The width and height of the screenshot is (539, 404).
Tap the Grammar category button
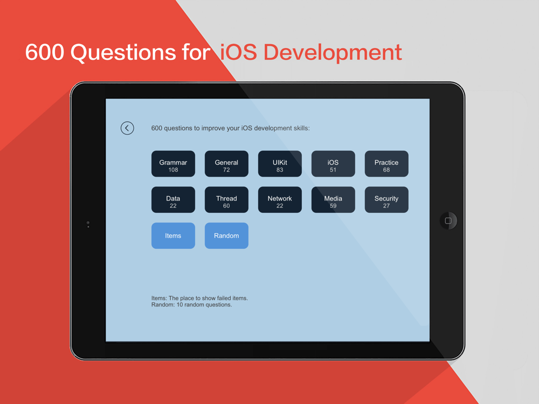point(173,164)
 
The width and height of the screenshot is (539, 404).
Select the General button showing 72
point(226,164)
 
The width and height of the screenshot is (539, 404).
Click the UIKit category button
point(280,164)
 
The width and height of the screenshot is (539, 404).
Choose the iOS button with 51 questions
point(333,164)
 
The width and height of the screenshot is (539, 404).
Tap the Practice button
point(386,164)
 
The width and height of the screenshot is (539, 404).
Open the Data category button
point(173,200)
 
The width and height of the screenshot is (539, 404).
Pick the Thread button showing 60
point(226,200)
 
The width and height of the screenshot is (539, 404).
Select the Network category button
point(280,200)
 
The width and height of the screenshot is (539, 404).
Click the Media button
point(333,200)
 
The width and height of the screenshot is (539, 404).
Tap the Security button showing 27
point(386,200)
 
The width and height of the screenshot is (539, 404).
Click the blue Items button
point(173,236)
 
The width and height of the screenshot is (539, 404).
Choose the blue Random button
point(226,236)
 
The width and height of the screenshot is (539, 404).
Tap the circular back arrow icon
point(127,128)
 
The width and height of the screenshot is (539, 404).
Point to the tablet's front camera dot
point(88,223)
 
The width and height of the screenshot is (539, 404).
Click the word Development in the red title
point(333,53)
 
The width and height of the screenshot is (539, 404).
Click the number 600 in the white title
point(45,52)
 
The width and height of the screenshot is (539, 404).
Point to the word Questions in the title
point(123,53)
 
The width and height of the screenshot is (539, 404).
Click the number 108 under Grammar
point(173,170)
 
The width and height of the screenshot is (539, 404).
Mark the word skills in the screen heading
point(302,128)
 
